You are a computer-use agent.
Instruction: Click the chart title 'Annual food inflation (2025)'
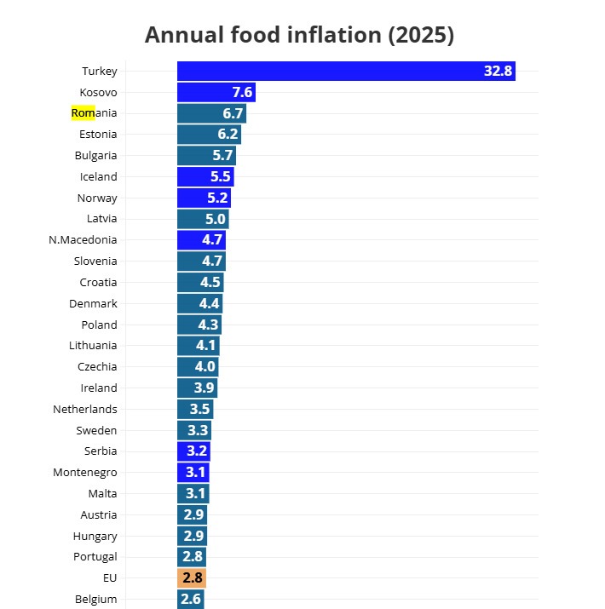[x=299, y=35]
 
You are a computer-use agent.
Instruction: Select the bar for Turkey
[x=345, y=72]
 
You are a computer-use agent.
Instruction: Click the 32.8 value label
[x=498, y=72]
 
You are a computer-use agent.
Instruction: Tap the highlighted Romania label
[x=94, y=113]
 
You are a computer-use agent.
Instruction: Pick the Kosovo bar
[x=216, y=93]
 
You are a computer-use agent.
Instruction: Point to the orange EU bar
[x=192, y=578]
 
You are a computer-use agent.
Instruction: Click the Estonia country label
[x=98, y=135]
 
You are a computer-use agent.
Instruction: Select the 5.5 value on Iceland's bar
[x=220, y=177]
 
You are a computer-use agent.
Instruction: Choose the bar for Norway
[x=204, y=198]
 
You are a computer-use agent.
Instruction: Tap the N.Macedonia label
[x=83, y=240]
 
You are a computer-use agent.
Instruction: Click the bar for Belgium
[x=190, y=600]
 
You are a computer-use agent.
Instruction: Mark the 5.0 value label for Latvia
[x=215, y=219]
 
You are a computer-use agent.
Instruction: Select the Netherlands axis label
[x=85, y=410]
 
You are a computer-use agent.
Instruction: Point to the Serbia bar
[x=193, y=451]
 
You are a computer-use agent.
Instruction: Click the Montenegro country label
[x=85, y=473]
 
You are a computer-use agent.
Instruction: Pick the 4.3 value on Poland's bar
[x=208, y=325]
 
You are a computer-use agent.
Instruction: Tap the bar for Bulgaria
[x=206, y=156]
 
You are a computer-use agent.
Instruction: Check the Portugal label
[x=95, y=557]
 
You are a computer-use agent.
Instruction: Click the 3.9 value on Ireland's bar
[x=205, y=388]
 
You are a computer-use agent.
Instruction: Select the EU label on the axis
[x=110, y=578]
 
